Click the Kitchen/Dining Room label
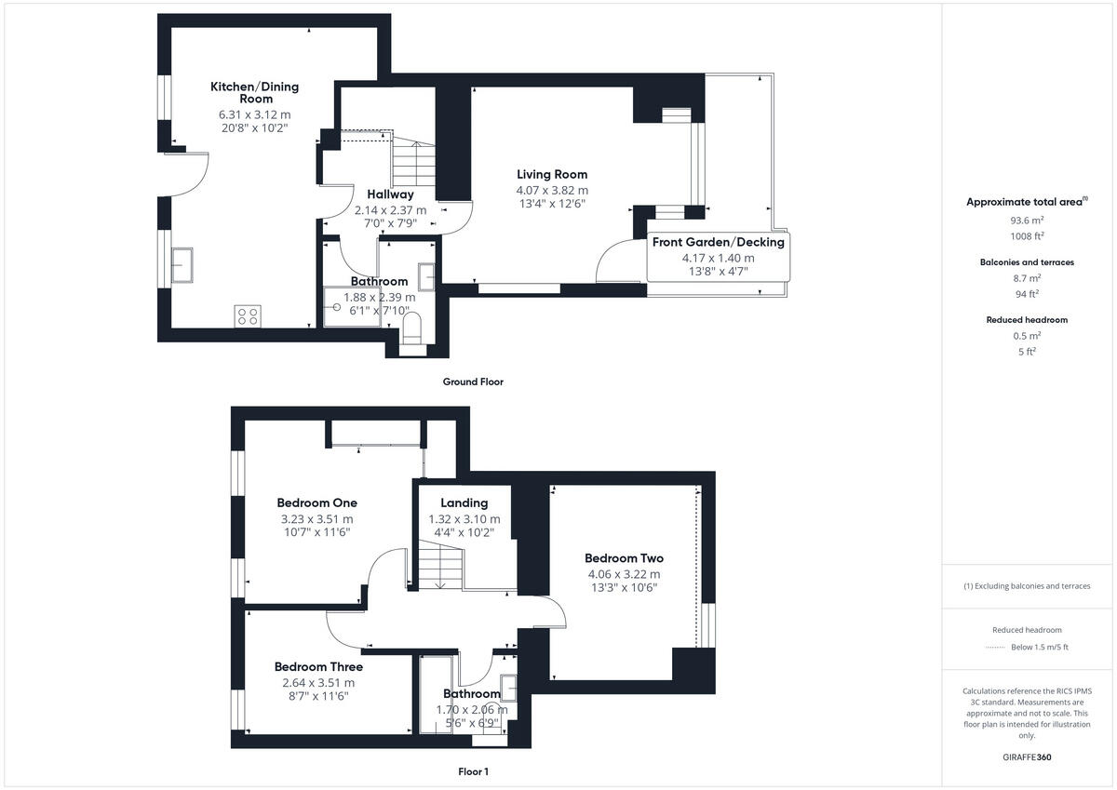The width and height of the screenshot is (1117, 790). (254, 92)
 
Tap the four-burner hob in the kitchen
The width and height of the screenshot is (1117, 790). (248, 315)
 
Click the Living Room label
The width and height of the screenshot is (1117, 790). (552, 174)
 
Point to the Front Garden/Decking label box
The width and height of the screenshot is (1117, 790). (718, 256)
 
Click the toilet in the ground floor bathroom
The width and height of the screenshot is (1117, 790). (411, 328)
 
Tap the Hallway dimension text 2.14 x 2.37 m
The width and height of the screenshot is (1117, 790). (390, 209)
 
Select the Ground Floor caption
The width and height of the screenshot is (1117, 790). (473, 382)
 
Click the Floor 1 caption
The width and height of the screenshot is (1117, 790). (473, 771)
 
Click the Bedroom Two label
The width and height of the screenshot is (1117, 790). (624, 558)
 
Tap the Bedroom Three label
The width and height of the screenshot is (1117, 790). (318, 667)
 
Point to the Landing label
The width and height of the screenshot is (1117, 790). (464, 503)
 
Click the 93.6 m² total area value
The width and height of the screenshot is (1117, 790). (1027, 221)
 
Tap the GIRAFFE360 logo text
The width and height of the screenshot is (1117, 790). (1027, 757)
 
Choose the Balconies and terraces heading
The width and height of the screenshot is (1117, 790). (1027, 262)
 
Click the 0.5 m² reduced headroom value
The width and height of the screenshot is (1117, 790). (1027, 336)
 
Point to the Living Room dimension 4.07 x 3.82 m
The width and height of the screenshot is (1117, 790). (552, 190)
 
